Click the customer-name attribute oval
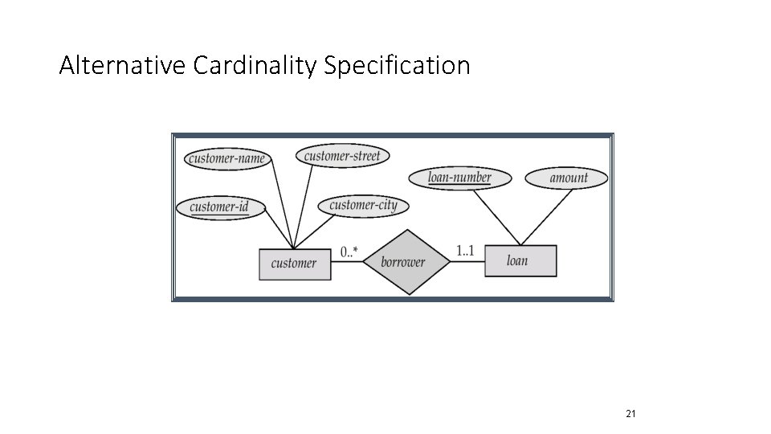click(x=226, y=158)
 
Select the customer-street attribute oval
click(x=342, y=155)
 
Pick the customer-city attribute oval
click(x=363, y=205)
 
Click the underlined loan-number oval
click(x=459, y=178)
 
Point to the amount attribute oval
click(x=567, y=178)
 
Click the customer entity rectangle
click(x=294, y=263)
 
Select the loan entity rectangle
click(x=519, y=260)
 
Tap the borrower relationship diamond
click(x=402, y=262)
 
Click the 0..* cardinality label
click(x=349, y=252)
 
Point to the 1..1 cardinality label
click(x=465, y=252)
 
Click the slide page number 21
click(x=630, y=414)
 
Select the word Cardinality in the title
click(x=255, y=65)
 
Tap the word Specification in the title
click(x=397, y=65)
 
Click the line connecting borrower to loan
click(x=467, y=262)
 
